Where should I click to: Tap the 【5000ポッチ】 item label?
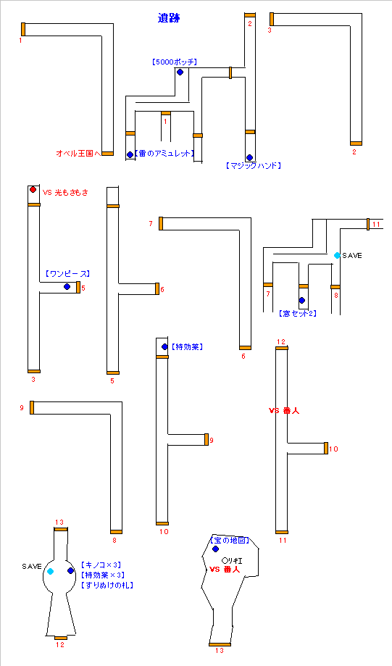point(175,62)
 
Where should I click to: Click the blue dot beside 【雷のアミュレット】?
point(130,154)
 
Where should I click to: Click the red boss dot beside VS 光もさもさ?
point(33,190)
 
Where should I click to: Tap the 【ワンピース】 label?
point(67,274)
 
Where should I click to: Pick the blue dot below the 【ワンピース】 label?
point(67,287)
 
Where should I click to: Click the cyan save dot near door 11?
point(337,255)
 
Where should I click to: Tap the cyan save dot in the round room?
point(51,572)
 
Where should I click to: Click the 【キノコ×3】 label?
point(101,565)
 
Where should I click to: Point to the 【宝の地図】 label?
point(230,541)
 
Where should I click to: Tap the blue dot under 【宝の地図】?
point(215,549)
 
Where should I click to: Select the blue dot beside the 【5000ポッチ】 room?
point(180,72)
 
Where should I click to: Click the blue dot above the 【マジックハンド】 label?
point(249,157)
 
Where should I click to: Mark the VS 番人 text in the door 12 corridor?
point(284,410)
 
